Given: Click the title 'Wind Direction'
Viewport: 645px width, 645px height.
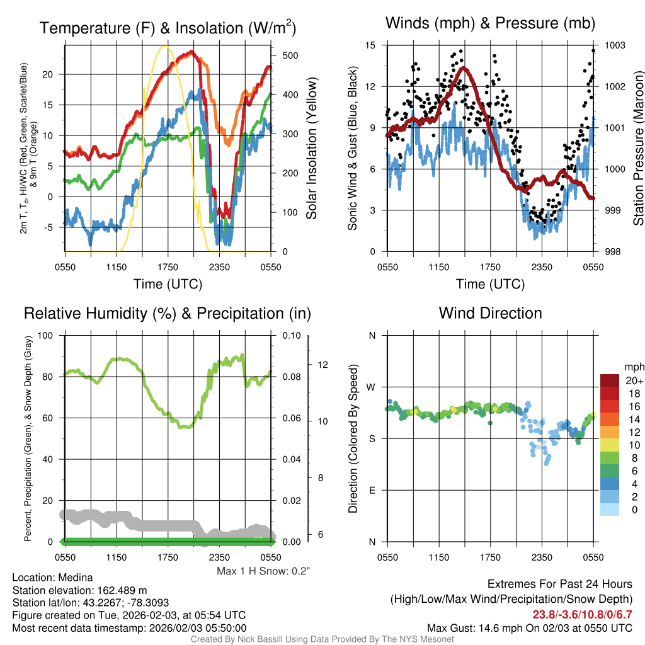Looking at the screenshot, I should click(x=490, y=313).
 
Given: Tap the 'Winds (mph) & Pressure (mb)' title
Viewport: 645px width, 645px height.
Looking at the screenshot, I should click(x=490, y=23).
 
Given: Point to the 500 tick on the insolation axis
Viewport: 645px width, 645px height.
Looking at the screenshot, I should click(x=290, y=55).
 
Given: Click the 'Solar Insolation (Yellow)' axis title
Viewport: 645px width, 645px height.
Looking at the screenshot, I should click(x=312, y=148).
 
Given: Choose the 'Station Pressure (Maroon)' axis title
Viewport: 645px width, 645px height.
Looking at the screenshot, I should click(x=637, y=148).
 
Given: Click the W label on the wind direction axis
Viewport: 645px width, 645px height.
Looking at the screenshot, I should click(x=372, y=387).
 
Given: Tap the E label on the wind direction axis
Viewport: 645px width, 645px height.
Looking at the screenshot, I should click(x=372, y=490).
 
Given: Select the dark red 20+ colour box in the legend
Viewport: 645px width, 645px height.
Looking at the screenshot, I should click(x=610, y=381).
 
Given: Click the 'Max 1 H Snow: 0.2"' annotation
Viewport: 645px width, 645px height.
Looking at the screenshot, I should click(x=263, y=571).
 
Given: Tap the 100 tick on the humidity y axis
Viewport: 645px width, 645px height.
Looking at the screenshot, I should click(x=46, y=335).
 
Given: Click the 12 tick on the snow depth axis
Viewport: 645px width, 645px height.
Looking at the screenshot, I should click(x=324, y=365).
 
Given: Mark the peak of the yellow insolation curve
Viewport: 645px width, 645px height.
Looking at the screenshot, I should click(x=166, y=46).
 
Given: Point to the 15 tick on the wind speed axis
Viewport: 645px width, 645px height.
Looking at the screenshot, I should click(x=370, y=45).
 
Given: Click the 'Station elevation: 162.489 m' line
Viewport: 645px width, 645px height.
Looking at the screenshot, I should click(x=79, y=590).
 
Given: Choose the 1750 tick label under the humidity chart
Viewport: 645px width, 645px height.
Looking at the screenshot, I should click(x=168, y=557).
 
